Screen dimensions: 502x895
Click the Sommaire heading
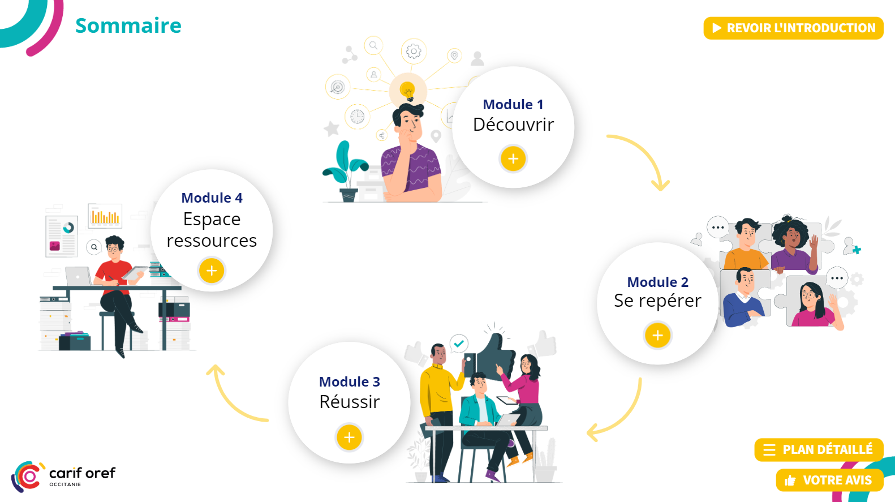point(128,26)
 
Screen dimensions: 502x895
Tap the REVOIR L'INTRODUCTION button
point(793,28)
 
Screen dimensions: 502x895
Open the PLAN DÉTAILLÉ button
point(819,450)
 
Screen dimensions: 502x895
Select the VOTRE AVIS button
point(829,480)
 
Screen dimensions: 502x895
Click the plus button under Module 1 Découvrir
point(513,159)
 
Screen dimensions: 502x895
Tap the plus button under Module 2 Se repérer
point(657,336)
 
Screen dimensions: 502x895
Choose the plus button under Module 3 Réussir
point(349,437)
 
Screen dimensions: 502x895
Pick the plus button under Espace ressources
point(212,271)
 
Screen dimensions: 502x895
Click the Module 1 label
point(513,105)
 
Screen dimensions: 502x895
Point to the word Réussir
point(349,402)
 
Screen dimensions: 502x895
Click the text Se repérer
point(657,301)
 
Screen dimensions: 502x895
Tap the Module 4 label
point(212,198)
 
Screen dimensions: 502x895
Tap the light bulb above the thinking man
point(407,90)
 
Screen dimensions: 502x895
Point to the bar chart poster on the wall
point(105,216)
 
